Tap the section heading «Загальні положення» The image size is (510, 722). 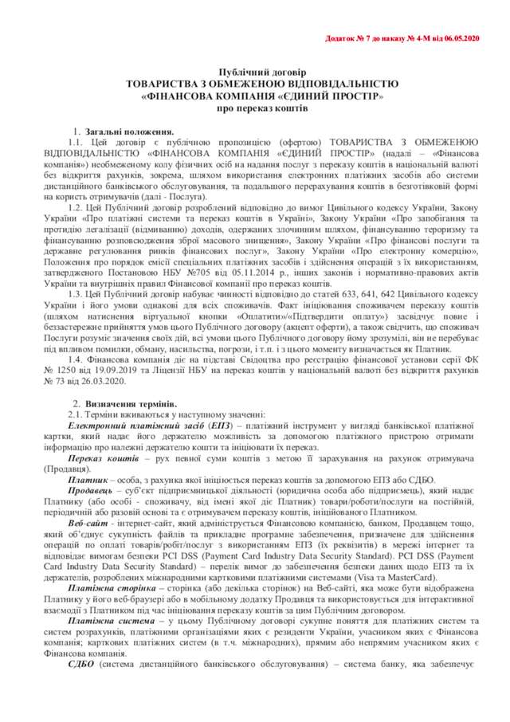coord(130,131)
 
